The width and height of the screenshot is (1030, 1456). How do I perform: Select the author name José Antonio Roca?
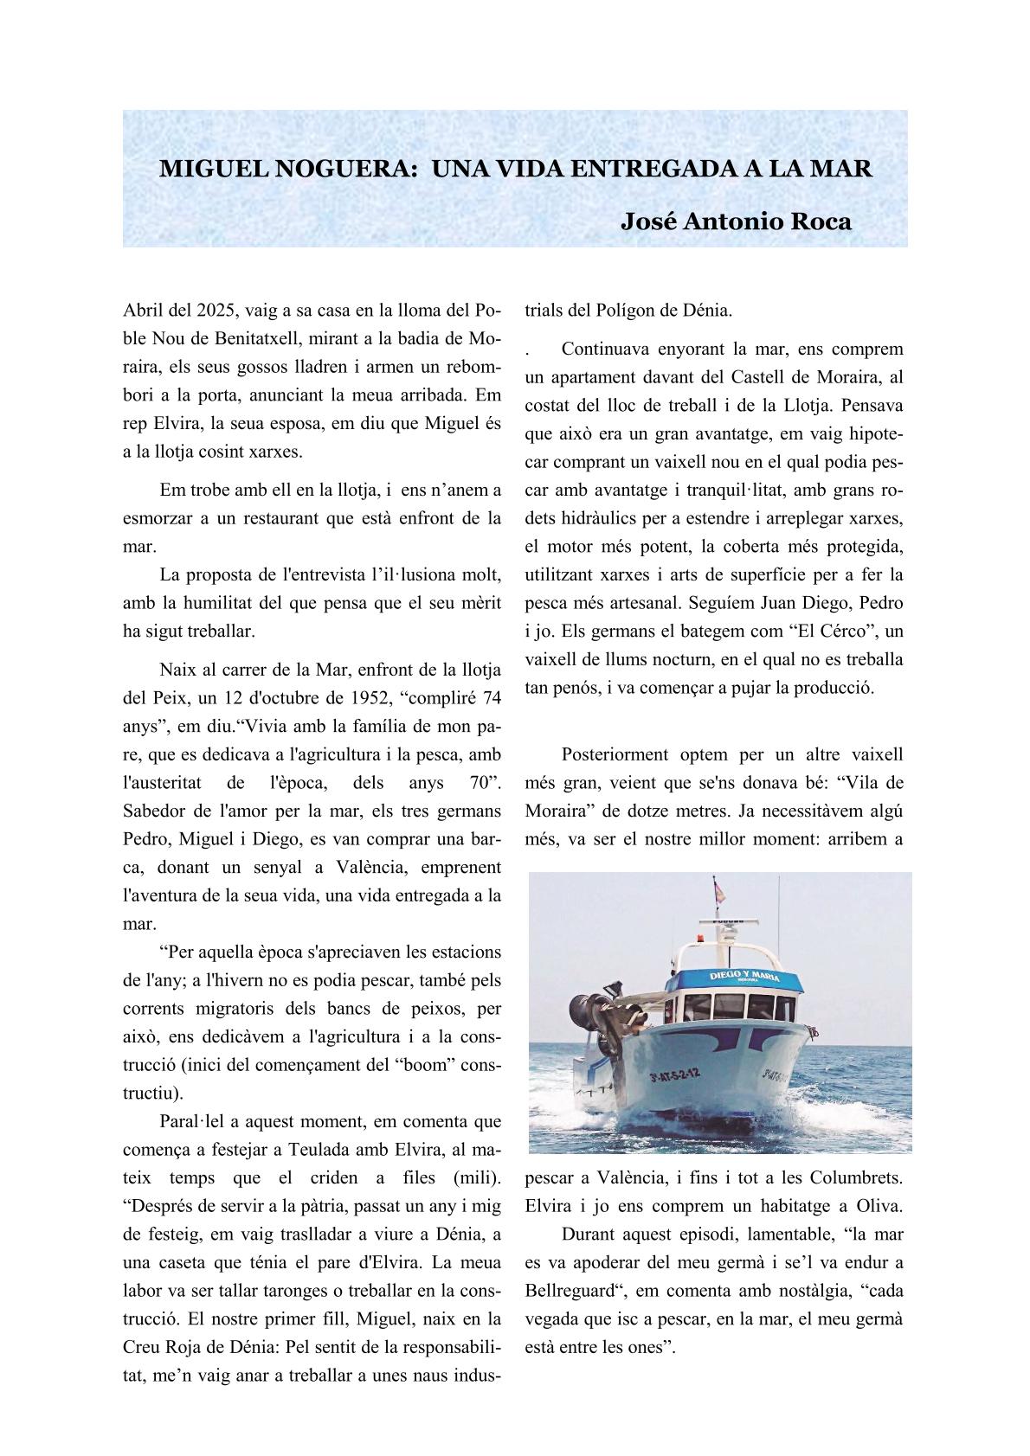coord(736,221)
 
